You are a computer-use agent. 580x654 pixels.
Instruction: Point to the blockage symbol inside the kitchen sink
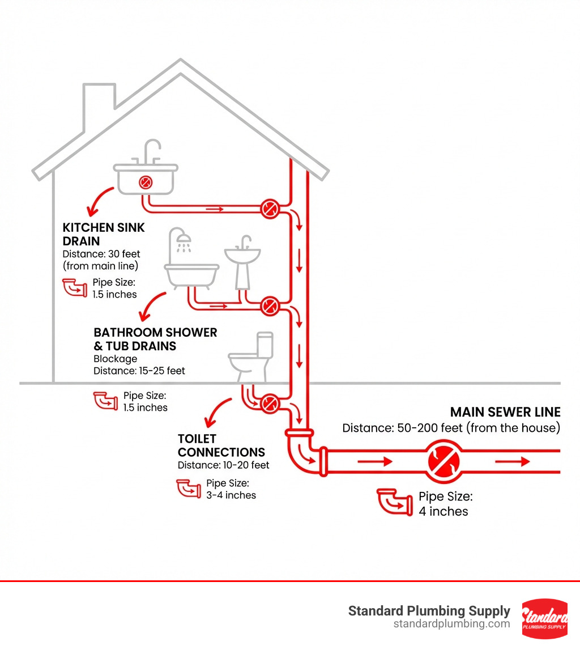[146, 182]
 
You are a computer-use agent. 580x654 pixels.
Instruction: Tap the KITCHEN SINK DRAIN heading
[104, 234]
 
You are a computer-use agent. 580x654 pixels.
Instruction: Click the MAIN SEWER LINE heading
[505, 412]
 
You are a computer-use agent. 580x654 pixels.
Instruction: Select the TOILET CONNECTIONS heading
[221, 445]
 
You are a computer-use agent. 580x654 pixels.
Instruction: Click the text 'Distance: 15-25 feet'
[139, 371]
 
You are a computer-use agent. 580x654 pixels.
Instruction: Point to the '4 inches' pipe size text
[443, 511]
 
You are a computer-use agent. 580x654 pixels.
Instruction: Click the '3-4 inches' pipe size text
[231, 495]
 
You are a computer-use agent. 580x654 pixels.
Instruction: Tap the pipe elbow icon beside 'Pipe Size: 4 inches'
[394, 502]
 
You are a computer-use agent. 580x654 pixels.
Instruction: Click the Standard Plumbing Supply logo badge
[544, 618]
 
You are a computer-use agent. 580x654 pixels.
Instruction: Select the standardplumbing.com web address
[451, 624]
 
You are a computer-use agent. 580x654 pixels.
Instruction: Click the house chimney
[100, 102]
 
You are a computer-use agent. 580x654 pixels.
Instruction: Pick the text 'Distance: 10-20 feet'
[223, 465]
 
